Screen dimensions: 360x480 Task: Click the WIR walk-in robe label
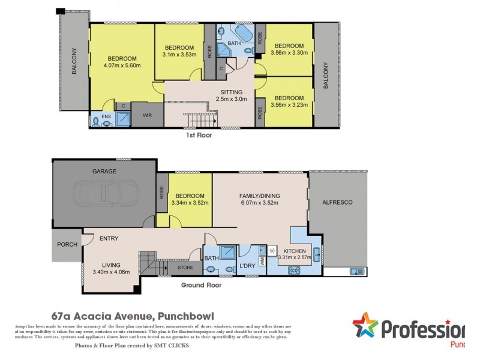point(146,115)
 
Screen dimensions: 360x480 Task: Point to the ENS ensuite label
point(106,116)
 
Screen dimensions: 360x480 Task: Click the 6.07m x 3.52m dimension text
point(260,203)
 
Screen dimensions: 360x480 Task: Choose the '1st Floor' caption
point(199,136)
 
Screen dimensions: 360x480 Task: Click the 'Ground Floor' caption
point(201,286)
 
